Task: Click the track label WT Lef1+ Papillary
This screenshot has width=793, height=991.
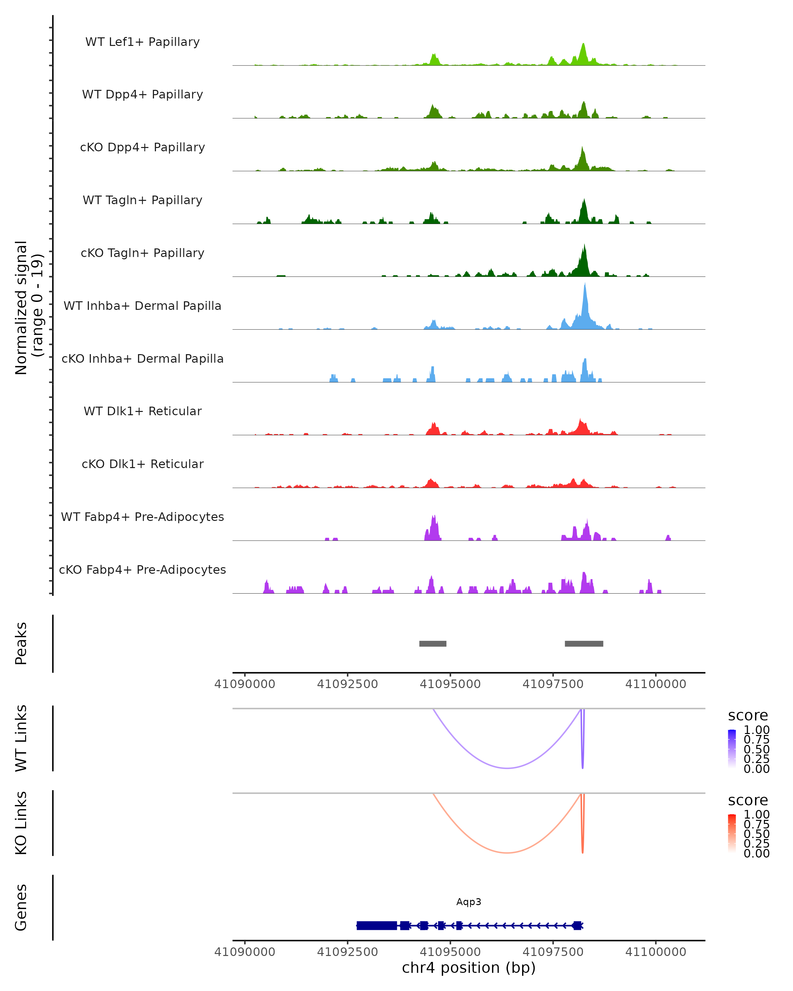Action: pyautogui.click(x=142, y=42)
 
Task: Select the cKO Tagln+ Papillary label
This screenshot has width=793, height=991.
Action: pyautogui.click(x=142, y=253)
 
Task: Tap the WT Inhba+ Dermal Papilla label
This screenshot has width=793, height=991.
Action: pyautogui.click(x=142, y=306)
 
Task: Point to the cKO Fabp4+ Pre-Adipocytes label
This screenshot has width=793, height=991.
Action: pyautogui.click(x=142, y=570)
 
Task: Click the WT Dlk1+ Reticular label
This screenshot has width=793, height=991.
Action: pyautogui.click(x=142, y=411)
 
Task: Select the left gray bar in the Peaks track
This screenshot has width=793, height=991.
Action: pyautogui.click(x=433, y=643)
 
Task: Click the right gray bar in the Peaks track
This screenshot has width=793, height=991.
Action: pyautogui.click(x=584, y=643)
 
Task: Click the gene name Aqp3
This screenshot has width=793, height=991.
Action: pyautogui.click(x=469, y=902)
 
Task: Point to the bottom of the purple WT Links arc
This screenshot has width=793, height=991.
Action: pyautogui.click(x=507, y=768)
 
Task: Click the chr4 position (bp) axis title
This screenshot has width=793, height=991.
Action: pyautogui.click(x=469, y=968)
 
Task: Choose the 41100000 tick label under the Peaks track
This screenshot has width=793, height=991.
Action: pyautogui.click(x=656, y=684)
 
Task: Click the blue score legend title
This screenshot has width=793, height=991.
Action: pyautogui.click(x=747, y=716)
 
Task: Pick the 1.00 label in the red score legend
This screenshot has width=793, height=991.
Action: pyautogui.click(x=756, y=815)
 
